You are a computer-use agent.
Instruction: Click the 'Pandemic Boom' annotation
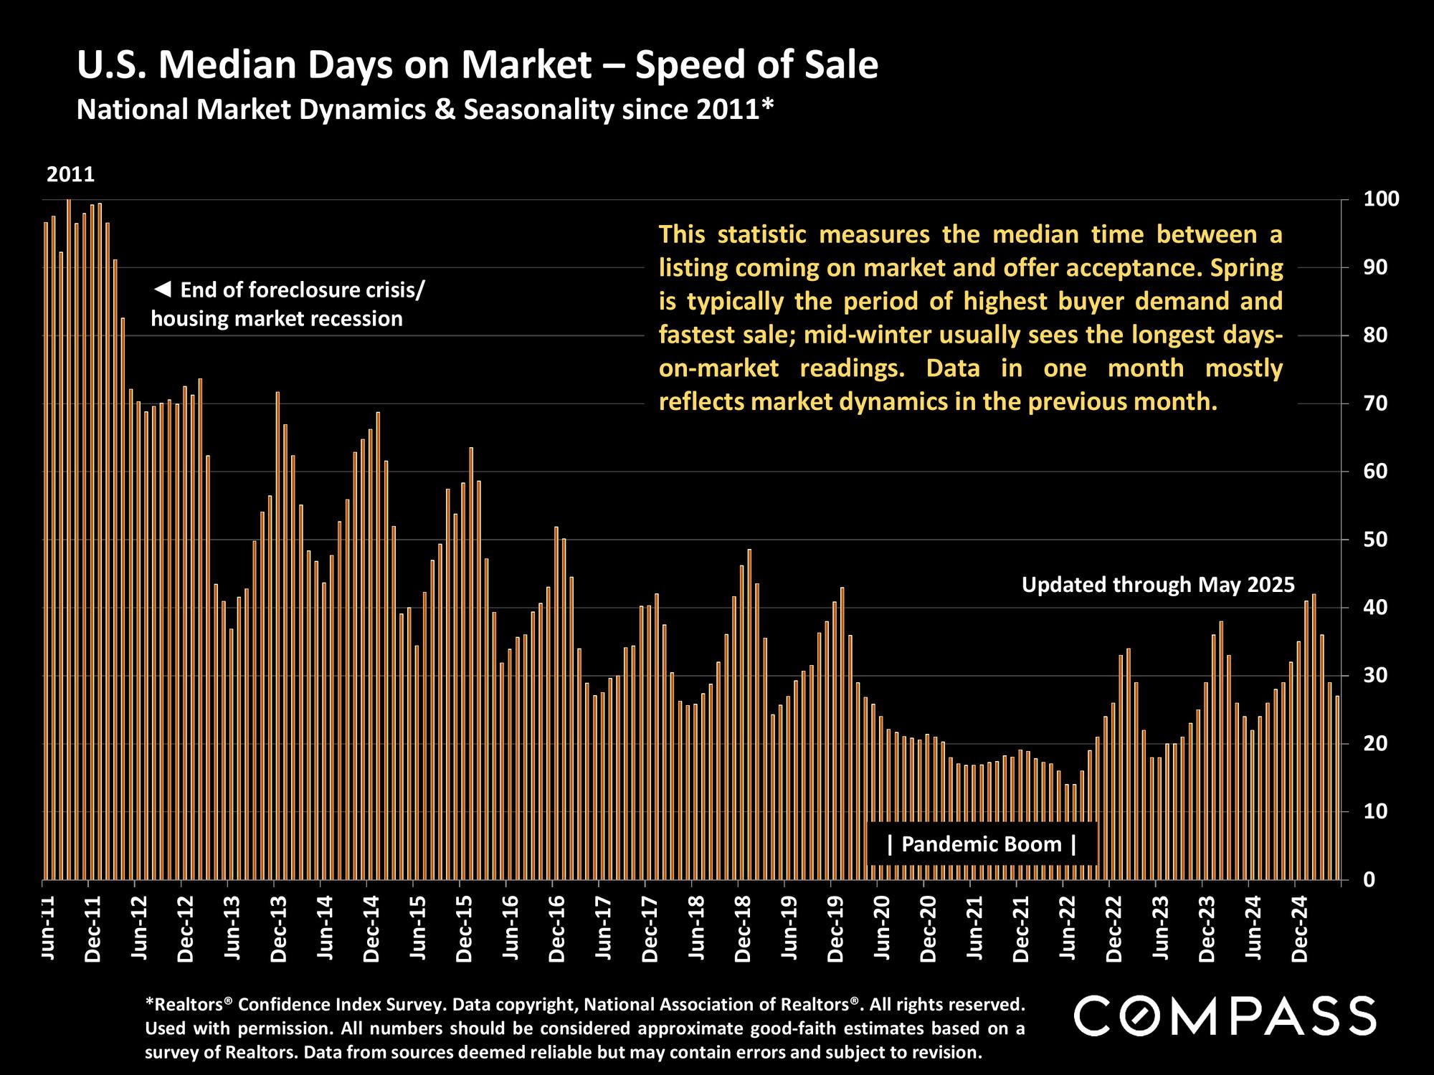(981, 844)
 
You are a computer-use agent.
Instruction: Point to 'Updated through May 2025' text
(1158, 585)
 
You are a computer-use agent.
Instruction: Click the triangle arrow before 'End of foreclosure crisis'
(163, 290)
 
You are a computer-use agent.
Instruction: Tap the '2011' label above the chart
(70, 175)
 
